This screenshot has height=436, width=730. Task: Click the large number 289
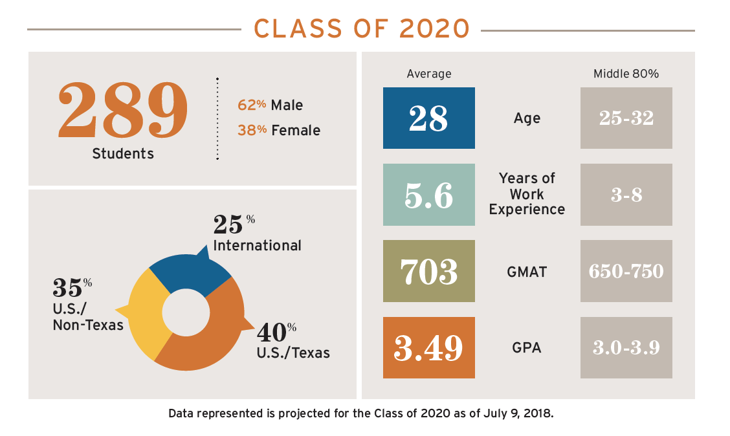point(123,109)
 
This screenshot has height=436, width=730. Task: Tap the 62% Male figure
point(270,105)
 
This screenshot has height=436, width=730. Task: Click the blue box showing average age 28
point(428,118)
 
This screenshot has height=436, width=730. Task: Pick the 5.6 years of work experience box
point(428,195)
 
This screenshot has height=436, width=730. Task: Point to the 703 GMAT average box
point(428,271)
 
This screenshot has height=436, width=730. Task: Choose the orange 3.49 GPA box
point(428,347)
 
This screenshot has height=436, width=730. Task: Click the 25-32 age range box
point(626,118)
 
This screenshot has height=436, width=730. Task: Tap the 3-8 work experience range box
point(626,195)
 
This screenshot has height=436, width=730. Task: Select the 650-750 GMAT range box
point(626,271)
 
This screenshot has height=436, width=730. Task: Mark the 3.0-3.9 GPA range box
point(626,347)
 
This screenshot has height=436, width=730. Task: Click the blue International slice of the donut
point(188,272)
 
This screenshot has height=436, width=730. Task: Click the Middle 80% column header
point(626,74)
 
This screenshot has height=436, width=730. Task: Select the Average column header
point(428,74)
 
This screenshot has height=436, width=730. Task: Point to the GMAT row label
point(527,272)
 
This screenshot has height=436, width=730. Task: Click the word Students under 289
point(123,154)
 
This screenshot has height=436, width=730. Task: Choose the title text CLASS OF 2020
point(361,29)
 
